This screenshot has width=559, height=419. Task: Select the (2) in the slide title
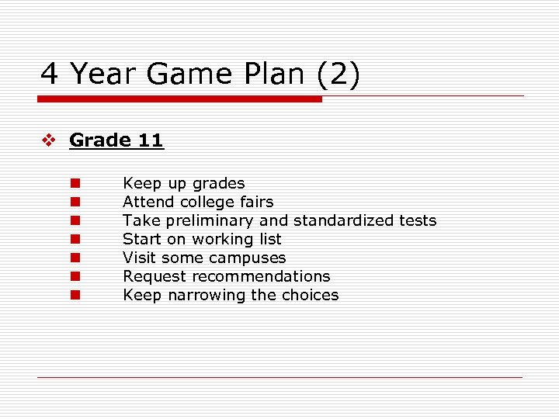[x=338, y=74]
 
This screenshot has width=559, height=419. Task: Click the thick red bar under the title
[x=179, y=99]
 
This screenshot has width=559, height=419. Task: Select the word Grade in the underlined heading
[x=100, y=140]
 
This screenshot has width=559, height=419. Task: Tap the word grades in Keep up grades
[x=219, y=184]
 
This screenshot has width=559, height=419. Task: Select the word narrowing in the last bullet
[x=205, y=295]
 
